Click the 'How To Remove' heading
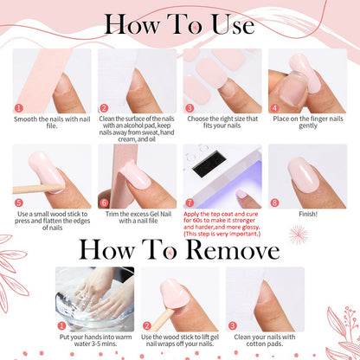click(180, 250)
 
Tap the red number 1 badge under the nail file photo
click(18, 107)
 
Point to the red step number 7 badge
click(190, 203)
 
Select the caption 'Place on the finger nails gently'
click(311, 121)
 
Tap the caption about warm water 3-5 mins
click(94, 340)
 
